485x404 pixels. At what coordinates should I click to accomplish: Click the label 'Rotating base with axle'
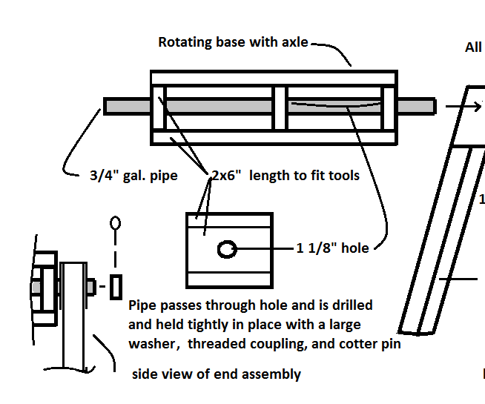[x=233, y=42]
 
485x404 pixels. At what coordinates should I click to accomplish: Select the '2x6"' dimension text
[x=225, y=176]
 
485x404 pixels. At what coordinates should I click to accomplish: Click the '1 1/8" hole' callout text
[x=332, y=248]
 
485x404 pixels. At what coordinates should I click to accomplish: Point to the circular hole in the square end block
[x=227, y=249]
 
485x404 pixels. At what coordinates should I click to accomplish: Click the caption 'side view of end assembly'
[x=216, y=374]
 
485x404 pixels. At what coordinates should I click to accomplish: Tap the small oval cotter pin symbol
[x=115, y=222]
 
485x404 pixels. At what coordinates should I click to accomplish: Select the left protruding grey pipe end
[x=127, y=107]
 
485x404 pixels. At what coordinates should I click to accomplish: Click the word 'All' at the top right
[x=473, y=47]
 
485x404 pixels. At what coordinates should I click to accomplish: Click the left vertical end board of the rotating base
[x=159, y=107]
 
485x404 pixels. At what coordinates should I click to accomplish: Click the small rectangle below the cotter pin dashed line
[x=115, y=287]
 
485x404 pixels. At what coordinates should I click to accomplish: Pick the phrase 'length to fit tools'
[x=304, y=176]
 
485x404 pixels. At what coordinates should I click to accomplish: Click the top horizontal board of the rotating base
[x=273, y=78]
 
